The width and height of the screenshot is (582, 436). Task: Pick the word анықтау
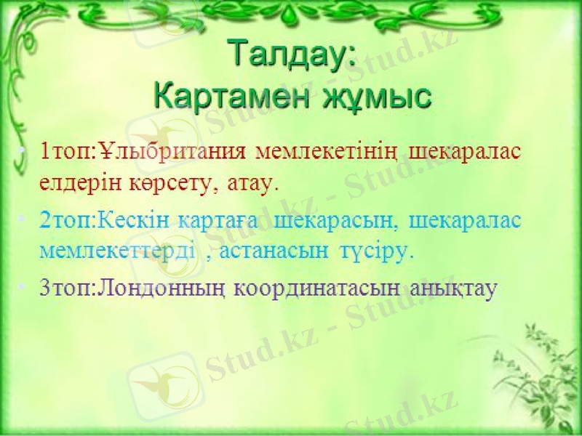click(453, 288)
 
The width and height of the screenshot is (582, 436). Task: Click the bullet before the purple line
click(24, 288)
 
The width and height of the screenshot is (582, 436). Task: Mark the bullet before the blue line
click(24, 219)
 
